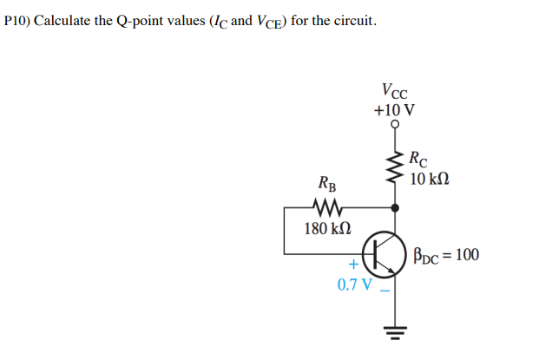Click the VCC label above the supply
tap(395, 91)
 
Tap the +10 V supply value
tap(394, 110)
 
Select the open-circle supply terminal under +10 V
tap(397, 125)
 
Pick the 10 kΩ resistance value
tap(430, 179)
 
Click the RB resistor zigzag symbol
tap(327, 208)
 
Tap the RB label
tap(327, 184)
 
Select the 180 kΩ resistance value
tap(328, 229)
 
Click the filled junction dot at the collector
tap(397, 208)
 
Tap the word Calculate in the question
tap(63, 20)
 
